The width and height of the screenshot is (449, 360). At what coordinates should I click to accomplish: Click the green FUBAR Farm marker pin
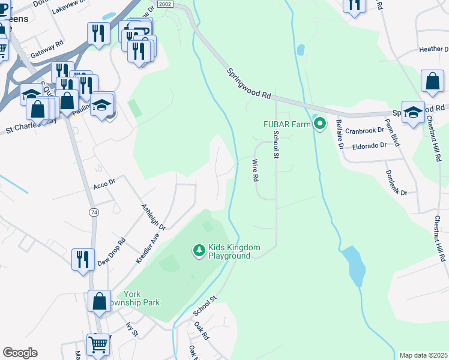click(x=320, y=124)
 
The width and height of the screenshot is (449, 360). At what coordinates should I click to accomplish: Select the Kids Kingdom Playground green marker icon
click(x=198, y=249)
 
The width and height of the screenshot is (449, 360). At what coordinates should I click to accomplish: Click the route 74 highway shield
click(x=93, y=212)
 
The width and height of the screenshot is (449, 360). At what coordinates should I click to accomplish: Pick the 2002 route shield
click(x=166, y=4)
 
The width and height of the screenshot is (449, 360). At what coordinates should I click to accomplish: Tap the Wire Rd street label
click(x=255, y=170)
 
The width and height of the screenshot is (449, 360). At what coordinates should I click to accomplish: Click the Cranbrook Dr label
click(x=364, y=130)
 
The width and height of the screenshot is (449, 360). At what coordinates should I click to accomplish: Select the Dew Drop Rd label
click(x=112, y=251)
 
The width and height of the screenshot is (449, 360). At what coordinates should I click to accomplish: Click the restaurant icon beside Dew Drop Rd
click(x=82, y=259)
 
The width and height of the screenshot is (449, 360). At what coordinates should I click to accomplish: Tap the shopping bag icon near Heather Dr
click(x=432, y=81)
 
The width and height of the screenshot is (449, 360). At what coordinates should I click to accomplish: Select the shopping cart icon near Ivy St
click(x=98, y=344)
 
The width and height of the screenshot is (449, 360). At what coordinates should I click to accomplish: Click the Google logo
click(x=20, y=353)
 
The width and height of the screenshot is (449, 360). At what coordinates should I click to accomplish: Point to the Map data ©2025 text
click(x=423, y=355)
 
